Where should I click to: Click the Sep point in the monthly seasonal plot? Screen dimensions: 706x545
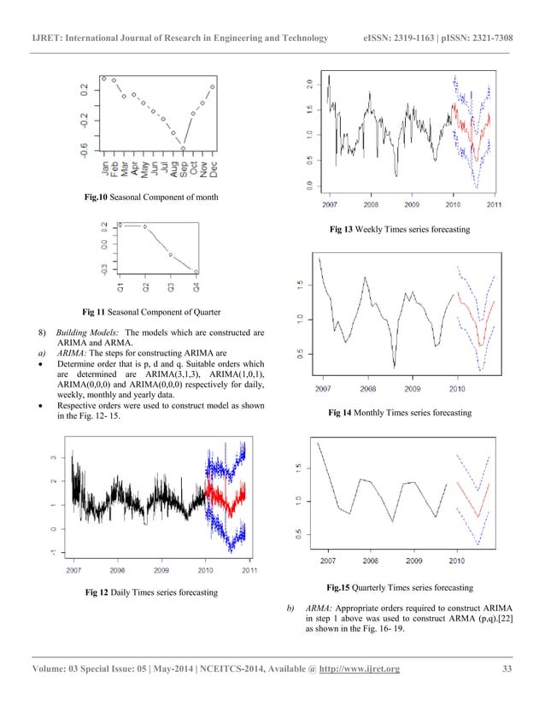(183, 148)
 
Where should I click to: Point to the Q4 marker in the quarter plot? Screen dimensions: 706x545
(196, 272)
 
